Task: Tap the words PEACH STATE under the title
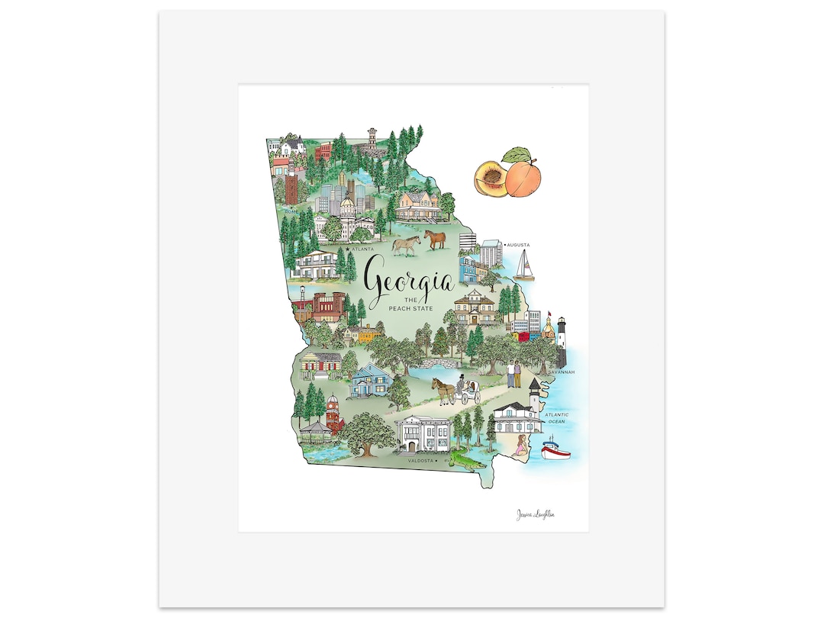pyautogui.click(x=409, y=307)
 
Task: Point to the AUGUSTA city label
pyautogui.click(x=519, y=246)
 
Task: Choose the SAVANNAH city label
pyautogui.click(x=561, y=372)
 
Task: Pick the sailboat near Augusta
pyautogui.click(x=523, y=266)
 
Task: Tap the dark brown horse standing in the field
pyautogui.click(x=435, y=240)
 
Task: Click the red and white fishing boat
pyautogui.click(x=555, y=449)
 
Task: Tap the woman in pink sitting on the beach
pyautogui.click(x=521, y=447)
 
